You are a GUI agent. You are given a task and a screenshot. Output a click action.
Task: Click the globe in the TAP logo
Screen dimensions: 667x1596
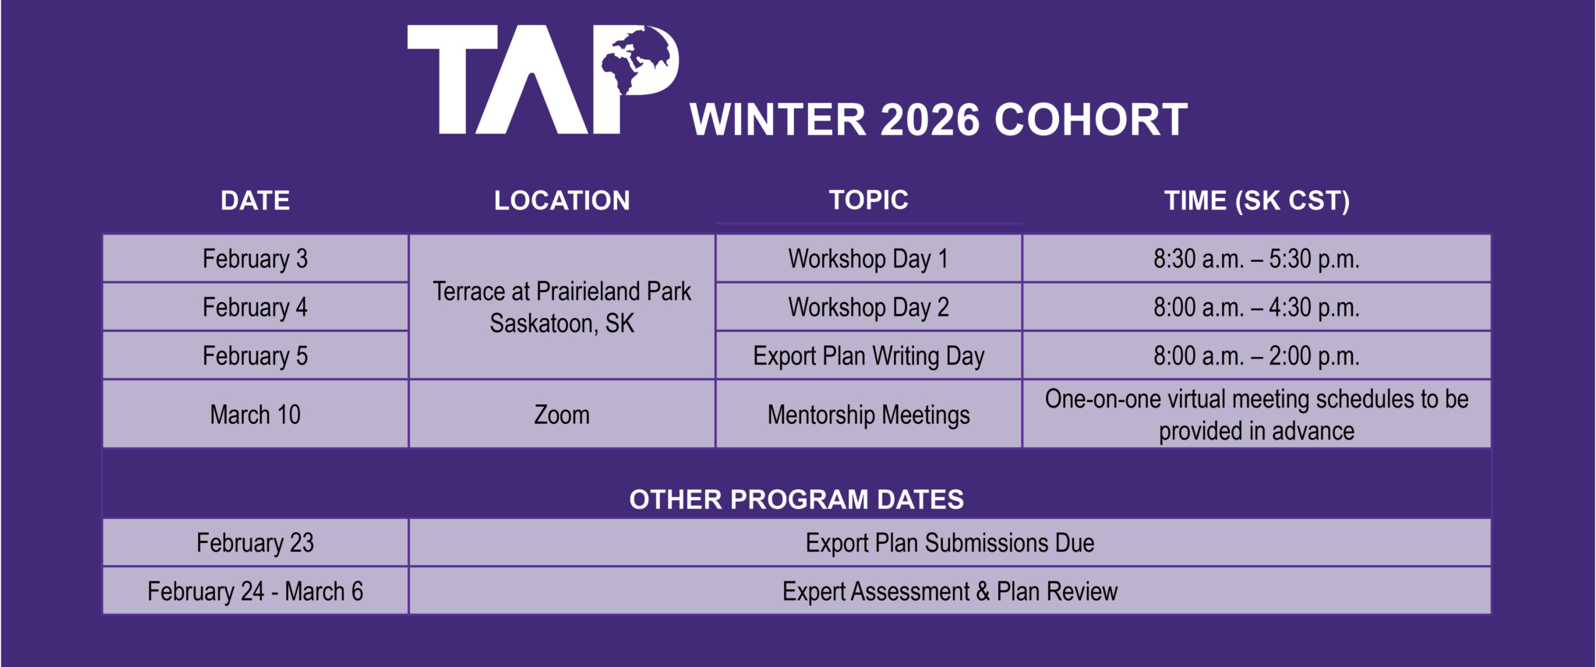[637, 59]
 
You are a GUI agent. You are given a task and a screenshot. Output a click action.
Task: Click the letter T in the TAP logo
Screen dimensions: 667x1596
[453, 78]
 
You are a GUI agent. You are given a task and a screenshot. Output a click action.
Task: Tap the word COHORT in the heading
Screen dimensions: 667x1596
[1091, 120]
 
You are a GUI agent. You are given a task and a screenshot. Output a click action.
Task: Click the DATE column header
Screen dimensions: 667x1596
[255, 201]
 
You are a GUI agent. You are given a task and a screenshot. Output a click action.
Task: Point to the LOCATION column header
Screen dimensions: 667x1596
[562, 201]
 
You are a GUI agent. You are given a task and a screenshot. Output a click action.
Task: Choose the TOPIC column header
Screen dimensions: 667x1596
[868, 200]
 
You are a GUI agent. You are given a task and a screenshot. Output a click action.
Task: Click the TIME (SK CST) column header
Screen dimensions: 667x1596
[1256, 201]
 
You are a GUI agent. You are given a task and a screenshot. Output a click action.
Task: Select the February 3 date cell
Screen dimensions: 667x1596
[255, 259]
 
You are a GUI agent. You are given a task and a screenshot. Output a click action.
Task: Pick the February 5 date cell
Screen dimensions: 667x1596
[255, 356]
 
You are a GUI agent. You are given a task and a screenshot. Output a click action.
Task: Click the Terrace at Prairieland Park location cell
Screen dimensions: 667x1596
[562, 307]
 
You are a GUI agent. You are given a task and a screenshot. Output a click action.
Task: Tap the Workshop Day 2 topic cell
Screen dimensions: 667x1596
[868, 307]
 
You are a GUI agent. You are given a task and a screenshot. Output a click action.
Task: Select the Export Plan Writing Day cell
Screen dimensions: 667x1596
[868, 356]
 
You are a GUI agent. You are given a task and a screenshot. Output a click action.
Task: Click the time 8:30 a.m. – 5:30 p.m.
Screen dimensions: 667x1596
[1256, 259]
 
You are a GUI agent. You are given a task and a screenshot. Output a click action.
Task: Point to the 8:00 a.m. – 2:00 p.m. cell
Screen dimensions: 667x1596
[1256, 356]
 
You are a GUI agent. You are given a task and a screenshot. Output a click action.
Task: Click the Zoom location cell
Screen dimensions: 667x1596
[562, 415]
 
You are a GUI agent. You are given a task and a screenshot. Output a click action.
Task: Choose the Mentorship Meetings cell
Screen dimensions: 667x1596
[868, 415]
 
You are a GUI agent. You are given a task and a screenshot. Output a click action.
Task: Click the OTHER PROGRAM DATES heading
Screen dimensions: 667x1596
[796, 499]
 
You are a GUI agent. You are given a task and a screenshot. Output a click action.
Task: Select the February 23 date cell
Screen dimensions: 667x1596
[255, 542]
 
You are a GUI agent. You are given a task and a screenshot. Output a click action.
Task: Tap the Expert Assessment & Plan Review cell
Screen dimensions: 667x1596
[949, 591]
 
